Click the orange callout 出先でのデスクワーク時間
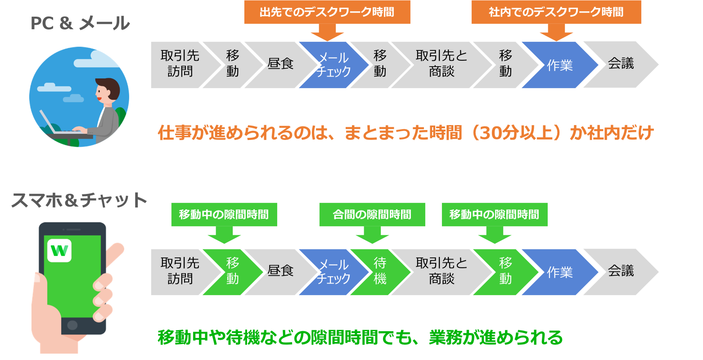[x=327, y=12]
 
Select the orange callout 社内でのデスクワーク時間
[x=556, y=12]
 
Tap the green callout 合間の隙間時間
[x=372, y=214]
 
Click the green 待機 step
[x=380, y=271]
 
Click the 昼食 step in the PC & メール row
[x=280, y=64]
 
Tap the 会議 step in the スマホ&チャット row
[x=621, y=271]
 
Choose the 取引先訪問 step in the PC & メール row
[x=180, y=64]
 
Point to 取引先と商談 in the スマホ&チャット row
[x=442, y=271]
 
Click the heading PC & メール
[x=80, y=23]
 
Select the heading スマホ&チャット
[x=79, y=201]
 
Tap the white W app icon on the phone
[x=59, y=250]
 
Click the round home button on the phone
[x=72, y=324]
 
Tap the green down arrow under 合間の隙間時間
[x=372, y=234]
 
